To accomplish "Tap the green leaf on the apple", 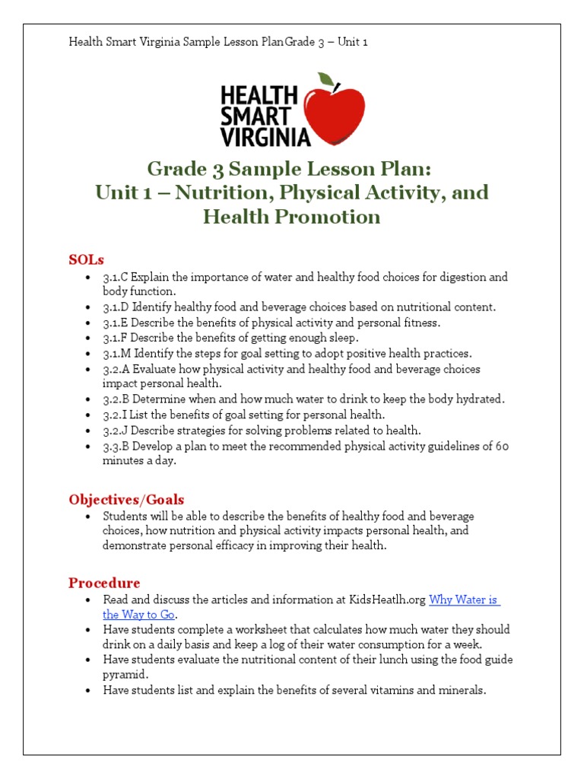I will point(326,79).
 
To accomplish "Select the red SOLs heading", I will point(86,259).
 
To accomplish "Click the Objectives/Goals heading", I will point(126,500).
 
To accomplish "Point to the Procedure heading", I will point(104,583).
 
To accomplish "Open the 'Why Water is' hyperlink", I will point(464,599).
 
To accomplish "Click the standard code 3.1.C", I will point(116,278).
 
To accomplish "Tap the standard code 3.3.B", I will point(116,446).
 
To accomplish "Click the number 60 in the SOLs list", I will point(502,446).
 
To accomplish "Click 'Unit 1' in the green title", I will point(122,192).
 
